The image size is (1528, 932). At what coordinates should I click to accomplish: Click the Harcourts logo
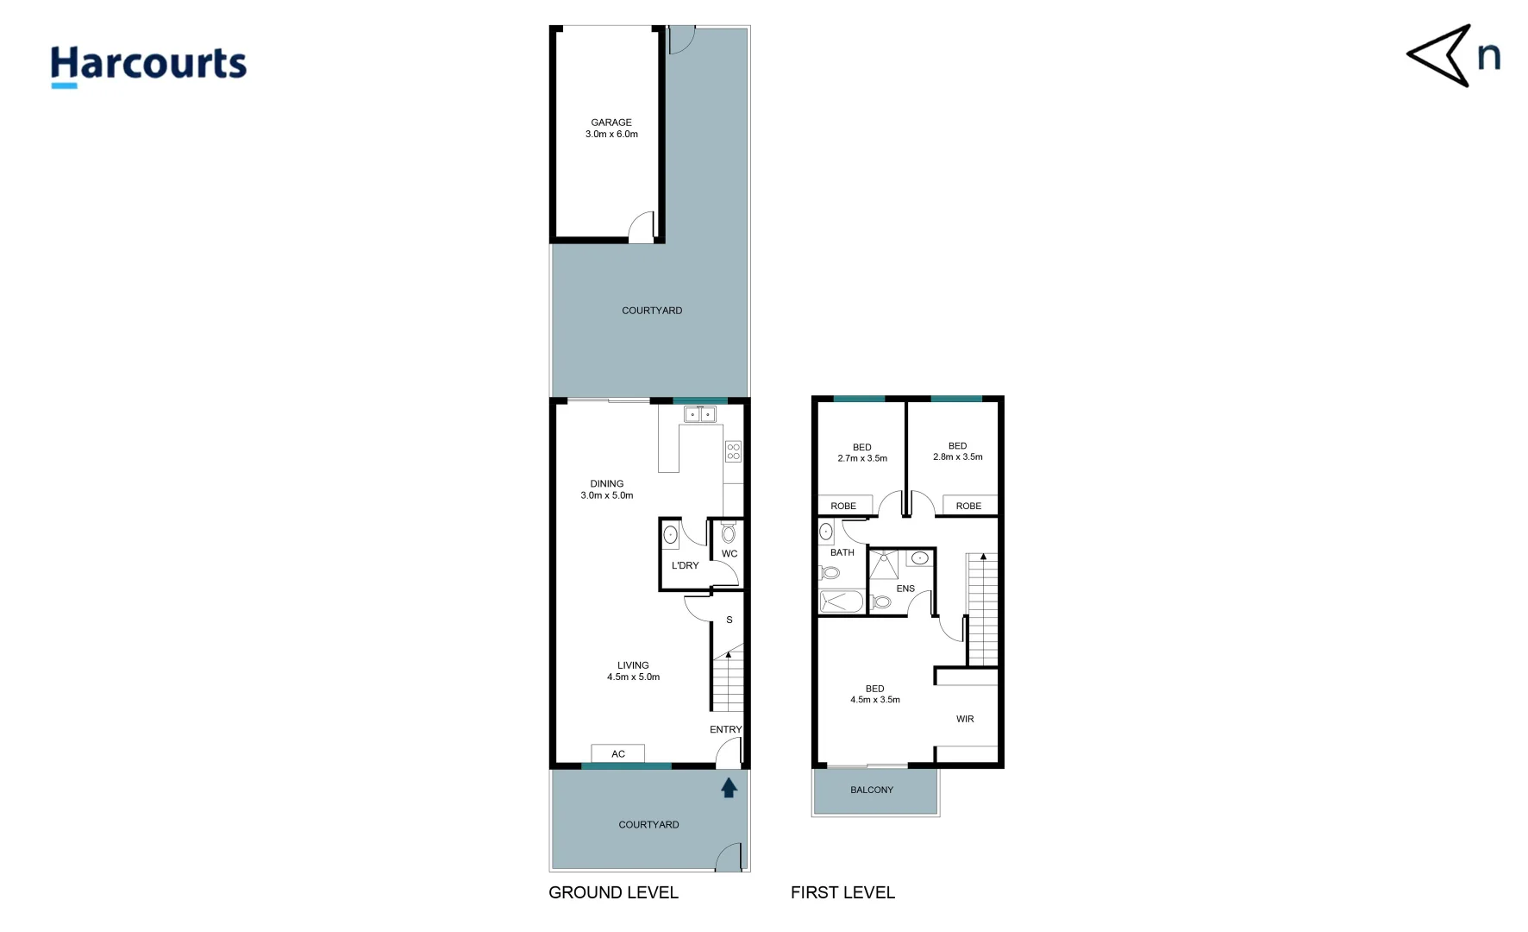148,66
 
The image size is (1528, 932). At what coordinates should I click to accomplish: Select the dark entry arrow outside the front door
729,787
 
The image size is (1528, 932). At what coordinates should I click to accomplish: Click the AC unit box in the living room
618,753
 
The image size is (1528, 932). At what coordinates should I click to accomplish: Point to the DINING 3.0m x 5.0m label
607,489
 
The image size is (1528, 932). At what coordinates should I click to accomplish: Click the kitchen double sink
700,415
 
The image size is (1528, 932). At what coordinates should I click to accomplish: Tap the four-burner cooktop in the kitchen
733,451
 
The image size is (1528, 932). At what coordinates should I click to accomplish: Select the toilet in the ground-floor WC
729,532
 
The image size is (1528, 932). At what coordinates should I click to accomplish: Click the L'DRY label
685,566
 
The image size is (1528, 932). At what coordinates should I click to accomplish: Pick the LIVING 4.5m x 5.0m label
633,671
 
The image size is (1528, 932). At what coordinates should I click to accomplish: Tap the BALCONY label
872,790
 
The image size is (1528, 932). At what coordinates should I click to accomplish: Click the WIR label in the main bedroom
965,719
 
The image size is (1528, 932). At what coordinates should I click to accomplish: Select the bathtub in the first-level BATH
842,601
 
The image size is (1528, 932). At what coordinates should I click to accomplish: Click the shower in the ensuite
884,564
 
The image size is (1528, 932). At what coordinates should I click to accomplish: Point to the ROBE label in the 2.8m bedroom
968,506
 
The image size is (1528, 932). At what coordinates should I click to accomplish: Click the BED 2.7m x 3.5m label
862,453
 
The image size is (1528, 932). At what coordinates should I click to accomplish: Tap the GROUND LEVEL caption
613,892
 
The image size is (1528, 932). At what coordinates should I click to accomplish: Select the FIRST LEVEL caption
842,892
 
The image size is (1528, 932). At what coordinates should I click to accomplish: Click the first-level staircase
983,608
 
